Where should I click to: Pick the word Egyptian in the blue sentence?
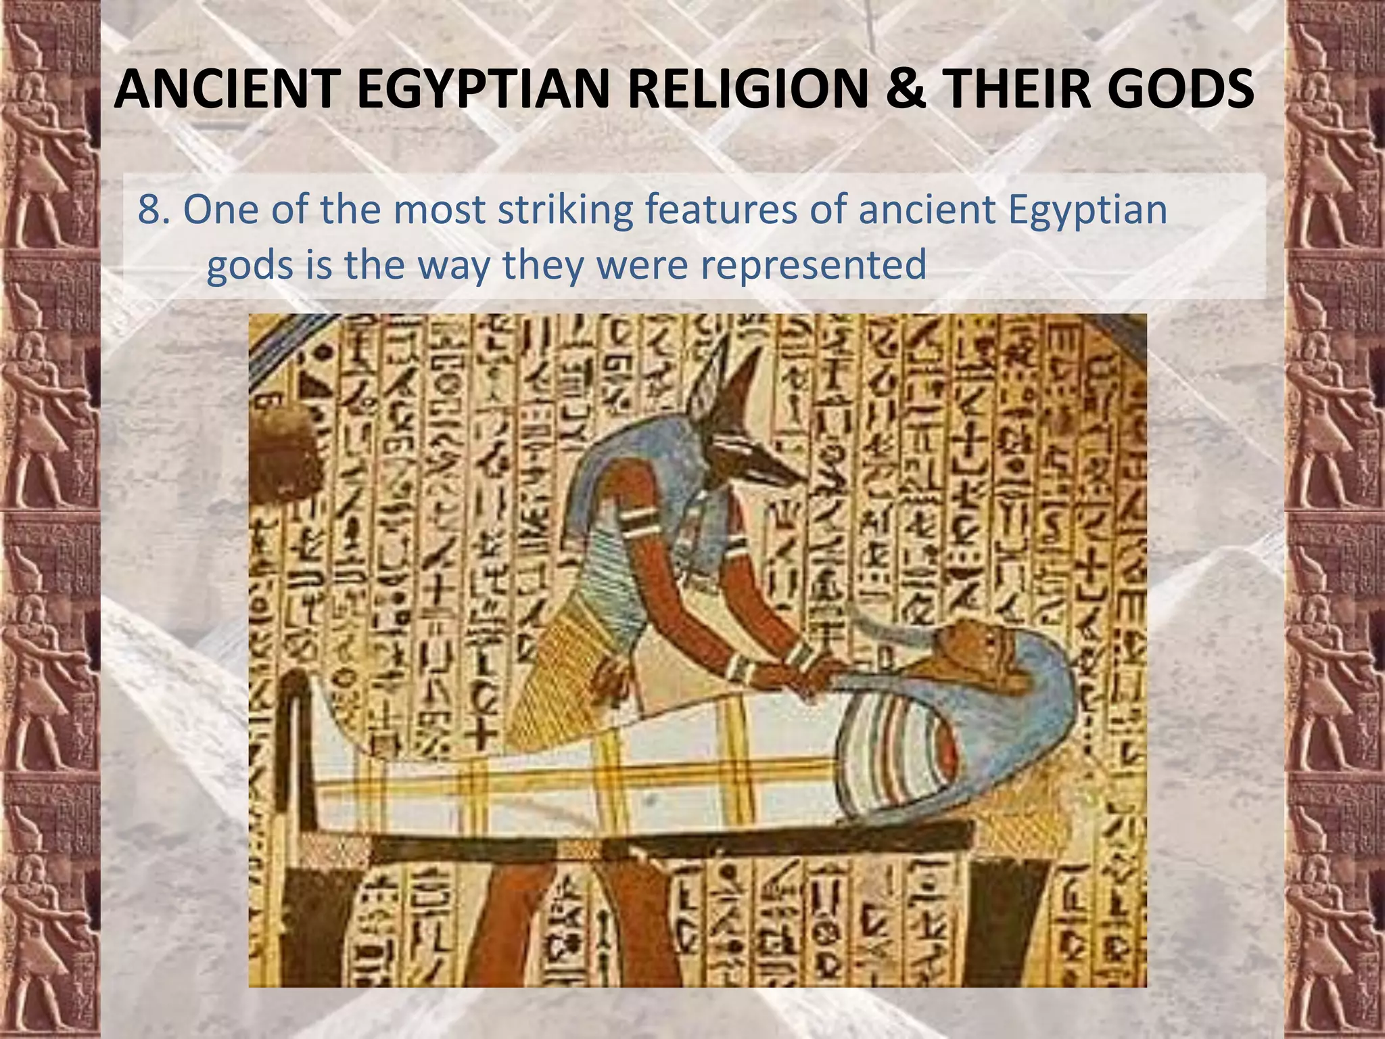pos(1087,211)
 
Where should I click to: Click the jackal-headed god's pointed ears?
pos(727,379)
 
